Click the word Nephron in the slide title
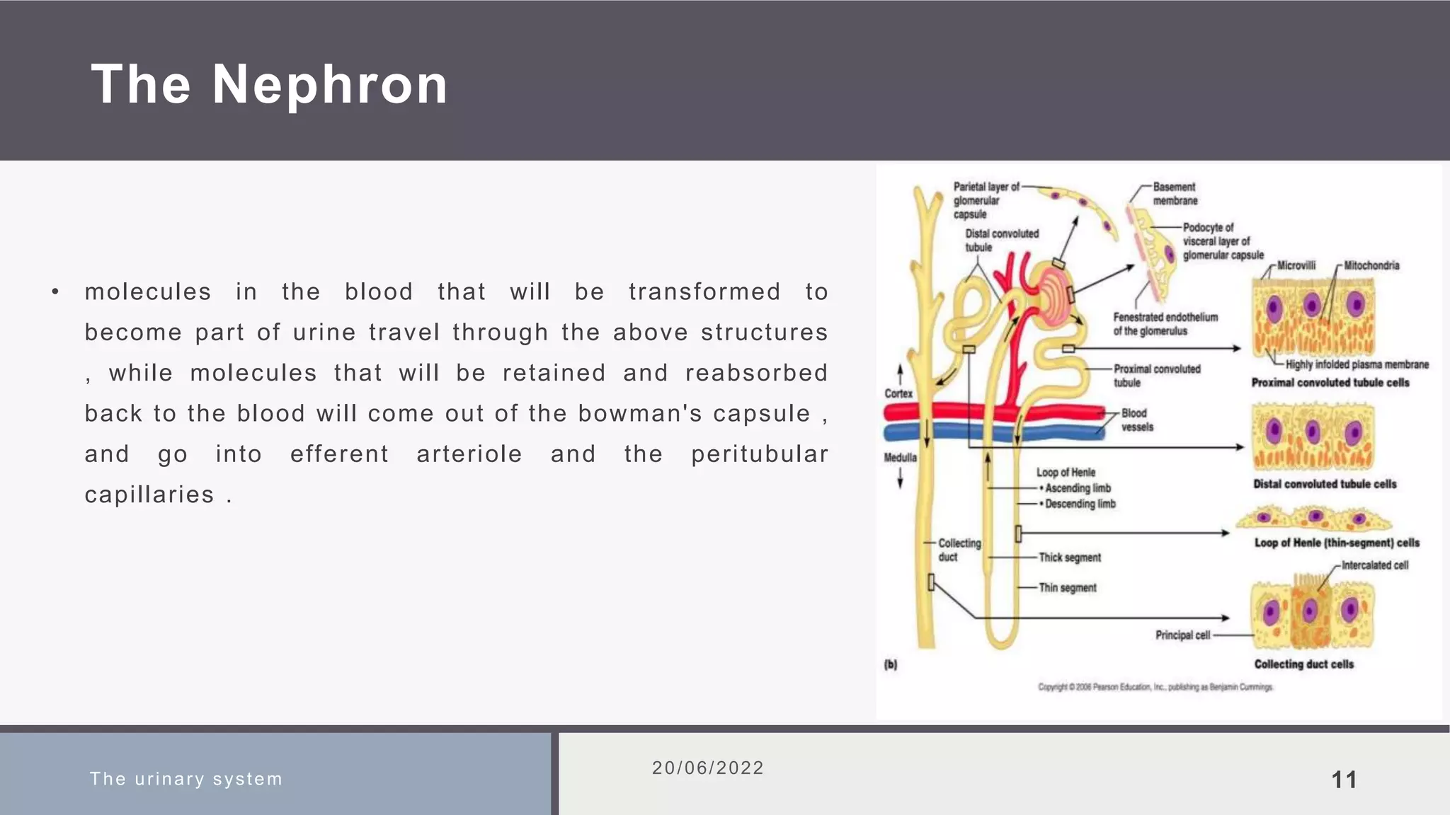[x=330, y=85]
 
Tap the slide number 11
[x=1344, y=780]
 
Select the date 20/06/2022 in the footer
[x=708, y=768]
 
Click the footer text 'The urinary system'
[x=186, y=779]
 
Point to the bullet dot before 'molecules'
[x=55, y=292]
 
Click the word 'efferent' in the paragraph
[x=340, y=454]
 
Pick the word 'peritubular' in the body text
[x=760, y=454]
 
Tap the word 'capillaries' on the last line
[x=149, y=495]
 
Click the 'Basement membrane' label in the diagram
[x=1175, y=194]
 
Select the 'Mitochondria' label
[x=1371, y=266]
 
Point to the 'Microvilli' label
[x=1296, y=266]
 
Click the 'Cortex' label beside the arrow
[x=898, y=393]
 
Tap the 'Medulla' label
[x=900, y=458]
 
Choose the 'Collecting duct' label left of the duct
[x=959, y=550]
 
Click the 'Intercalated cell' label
[x=1375, y=565]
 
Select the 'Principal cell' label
[x=1182, y=635]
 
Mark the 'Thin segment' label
[x=1067, y=588]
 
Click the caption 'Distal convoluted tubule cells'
[x=1325, y=484]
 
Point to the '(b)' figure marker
[x=891, y=664]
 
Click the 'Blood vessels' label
[x=1137, y=420]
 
